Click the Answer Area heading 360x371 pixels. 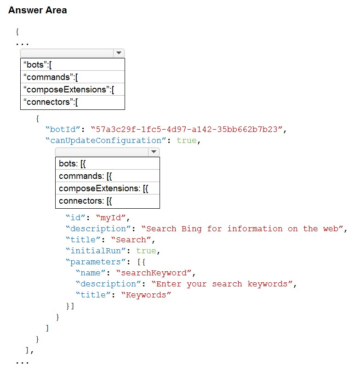(x=38, y=10)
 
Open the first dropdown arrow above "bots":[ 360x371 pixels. (x=119, y=53)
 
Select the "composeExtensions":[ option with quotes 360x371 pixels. (x=69, y=90)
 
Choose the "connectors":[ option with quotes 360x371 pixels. (x=51, y=102)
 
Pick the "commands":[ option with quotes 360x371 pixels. (x=51, y=77)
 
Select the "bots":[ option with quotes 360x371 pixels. (x=37, y=65)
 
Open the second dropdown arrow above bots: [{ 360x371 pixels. (x=154, y=152)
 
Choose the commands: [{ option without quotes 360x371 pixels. (x=85, y=176)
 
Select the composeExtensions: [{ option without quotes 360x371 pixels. (x=103, y=188)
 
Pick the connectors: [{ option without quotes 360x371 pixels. (x=85, y=201)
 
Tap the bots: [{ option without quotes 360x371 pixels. (x=72, y=164)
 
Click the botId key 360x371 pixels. (x=63, y=130)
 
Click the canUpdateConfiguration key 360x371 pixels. (x=106, y=141)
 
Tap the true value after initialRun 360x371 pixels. (x=146, y=251)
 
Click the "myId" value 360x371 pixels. (x=111, y=217)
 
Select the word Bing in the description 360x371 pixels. (x=191, y=229)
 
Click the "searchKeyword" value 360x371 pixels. (x=154, y=273)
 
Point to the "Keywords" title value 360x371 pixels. (x=146, y=295)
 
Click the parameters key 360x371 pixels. (x=96, y=262)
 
